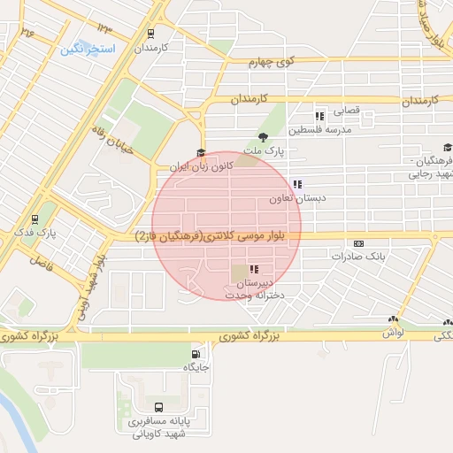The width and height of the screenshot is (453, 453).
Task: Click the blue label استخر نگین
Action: pos(88,50)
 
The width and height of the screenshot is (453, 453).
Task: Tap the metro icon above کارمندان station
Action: pos(151,33)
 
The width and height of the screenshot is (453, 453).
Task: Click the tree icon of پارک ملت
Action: pos(263,136)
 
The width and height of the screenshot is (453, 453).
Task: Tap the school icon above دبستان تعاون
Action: pos(297,185)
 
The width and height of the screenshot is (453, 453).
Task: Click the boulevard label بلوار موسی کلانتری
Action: pos(217,236)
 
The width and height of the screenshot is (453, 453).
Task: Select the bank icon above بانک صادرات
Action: pos(358,243)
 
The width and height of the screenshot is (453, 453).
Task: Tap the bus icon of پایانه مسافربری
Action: pos(158,408)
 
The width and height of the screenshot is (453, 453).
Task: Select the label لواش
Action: pos(394,331)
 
